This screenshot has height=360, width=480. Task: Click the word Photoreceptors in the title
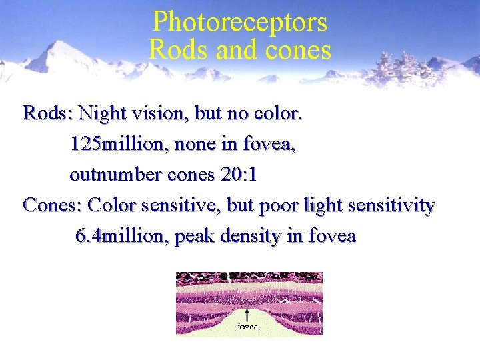(240, 22)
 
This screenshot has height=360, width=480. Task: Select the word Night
(103, 113)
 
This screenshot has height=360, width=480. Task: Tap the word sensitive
(186, 205)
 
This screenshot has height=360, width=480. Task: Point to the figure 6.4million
(122, 237)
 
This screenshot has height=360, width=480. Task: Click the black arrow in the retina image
(247, 314)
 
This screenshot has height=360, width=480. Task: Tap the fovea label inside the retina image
(248, 327)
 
